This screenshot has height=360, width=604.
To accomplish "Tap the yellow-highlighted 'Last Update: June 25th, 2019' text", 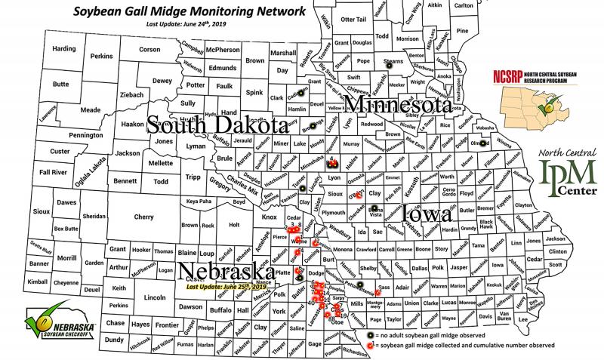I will tap(227, 286).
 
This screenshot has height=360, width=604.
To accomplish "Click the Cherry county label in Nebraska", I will tap(143, 216).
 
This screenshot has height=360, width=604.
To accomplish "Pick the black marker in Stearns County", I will tap(390, 66).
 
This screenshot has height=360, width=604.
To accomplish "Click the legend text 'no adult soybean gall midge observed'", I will tap(439, 333).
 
